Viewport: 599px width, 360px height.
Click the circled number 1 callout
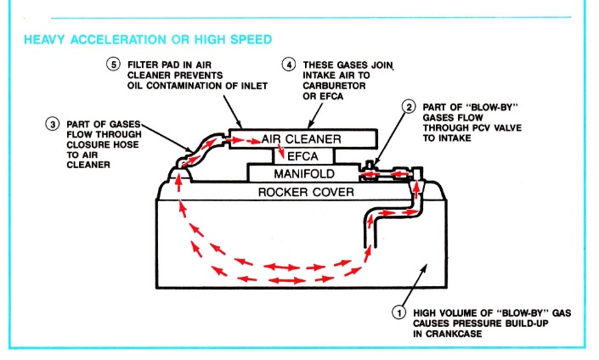pyautogui.click(x=398, y=312)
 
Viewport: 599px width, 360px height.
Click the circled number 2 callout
pyautogui.click(x=408, y=107)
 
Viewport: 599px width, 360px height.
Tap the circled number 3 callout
pyautogui.click(x=52, y=124)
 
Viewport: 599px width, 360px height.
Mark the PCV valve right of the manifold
pyautogui.click(x=377, y=175)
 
